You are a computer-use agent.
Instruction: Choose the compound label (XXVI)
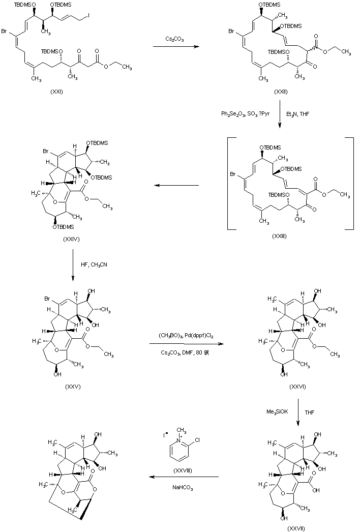(x=296, y=387)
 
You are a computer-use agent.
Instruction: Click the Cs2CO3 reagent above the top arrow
(x=175, y=39)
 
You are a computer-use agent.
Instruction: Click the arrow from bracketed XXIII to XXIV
(x=176, y=186)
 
